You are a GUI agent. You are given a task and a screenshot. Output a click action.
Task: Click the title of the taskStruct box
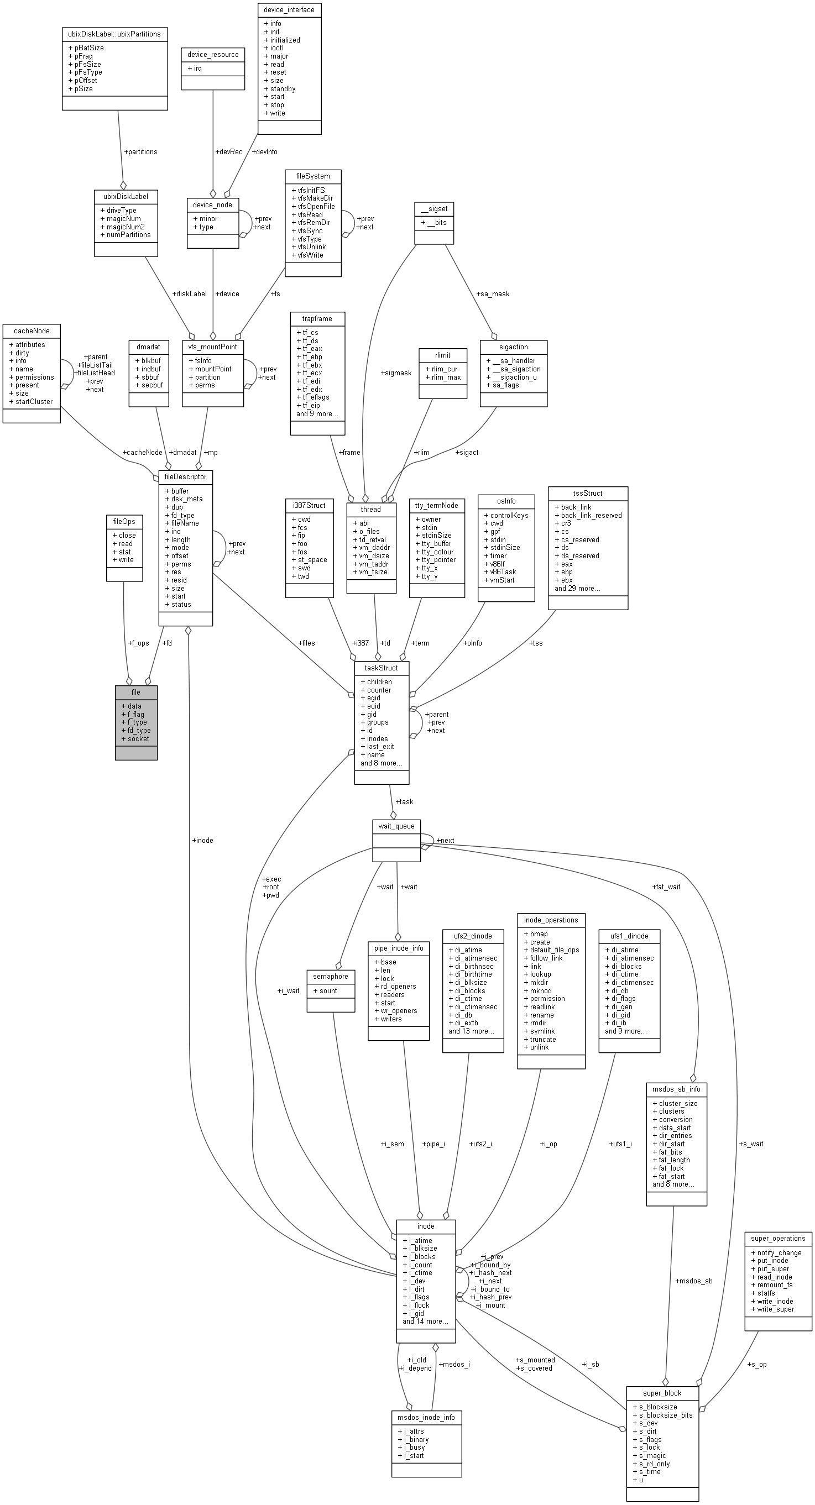[381, 668]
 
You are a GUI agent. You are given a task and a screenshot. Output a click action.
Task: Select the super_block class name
[662, 1393]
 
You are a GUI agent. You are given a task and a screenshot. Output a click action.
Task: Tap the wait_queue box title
[396, 826]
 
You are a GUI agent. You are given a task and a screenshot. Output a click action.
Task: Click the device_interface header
[289, 10]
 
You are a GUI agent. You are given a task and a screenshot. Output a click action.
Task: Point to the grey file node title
[135, 692]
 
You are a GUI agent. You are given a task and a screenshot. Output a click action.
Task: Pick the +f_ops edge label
[139, 643]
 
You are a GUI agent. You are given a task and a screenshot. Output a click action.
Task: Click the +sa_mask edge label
[492, 294]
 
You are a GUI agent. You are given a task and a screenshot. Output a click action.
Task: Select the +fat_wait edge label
[666, 887]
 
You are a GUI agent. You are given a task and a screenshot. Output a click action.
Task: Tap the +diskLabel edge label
[190, 294]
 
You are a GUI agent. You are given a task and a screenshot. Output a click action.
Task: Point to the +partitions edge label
[140, 152]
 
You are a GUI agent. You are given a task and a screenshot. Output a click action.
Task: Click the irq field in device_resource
[197, 69]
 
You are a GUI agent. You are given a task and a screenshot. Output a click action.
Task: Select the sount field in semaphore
[328, 990]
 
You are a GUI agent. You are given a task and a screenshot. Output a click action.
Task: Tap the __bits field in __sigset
[436, 223]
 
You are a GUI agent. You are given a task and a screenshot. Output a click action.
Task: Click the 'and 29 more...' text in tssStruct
[577, 588]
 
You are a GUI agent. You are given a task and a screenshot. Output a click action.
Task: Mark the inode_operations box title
[551, 920]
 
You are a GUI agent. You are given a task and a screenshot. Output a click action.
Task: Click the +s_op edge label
[756, 1364]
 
